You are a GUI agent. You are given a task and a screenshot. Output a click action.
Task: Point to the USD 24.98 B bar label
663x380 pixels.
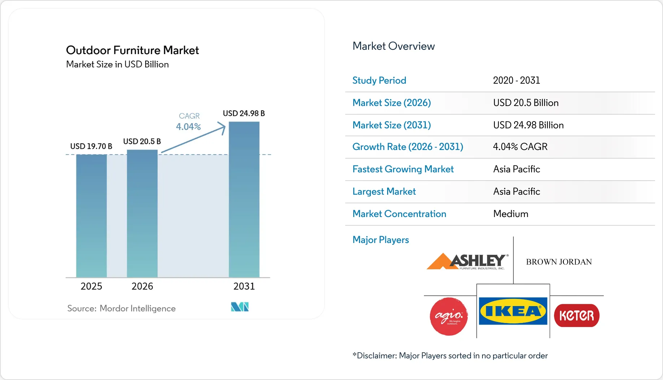(244, 113)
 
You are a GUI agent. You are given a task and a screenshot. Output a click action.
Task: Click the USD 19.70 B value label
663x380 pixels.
(91, 146)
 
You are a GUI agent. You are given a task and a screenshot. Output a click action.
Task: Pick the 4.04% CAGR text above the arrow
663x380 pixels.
(188, 127)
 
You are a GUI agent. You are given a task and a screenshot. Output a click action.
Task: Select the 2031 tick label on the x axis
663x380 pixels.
(244, 286)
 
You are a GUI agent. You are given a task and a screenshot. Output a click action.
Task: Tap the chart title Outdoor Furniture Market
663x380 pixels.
(132, 50)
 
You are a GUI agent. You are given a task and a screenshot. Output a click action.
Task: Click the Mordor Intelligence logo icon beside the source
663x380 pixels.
(240, 307)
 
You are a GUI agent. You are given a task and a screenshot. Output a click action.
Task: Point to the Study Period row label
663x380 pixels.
(379, 80)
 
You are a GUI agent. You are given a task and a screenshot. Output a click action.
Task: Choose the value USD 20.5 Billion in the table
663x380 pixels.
(526, 103)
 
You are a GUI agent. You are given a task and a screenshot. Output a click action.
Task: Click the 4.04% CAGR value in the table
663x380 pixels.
(520, 147)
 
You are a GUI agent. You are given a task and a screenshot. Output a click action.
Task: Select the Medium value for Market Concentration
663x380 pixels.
(511, 214)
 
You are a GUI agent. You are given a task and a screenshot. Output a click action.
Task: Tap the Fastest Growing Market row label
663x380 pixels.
(403, 169)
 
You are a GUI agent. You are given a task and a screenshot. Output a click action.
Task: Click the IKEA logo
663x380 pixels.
(513, 311)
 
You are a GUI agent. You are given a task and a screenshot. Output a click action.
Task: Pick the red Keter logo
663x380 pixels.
(577, 315)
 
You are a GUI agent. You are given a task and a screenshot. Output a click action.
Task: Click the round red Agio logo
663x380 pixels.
(449, 316)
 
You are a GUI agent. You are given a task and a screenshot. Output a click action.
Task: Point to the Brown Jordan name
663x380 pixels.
(559, 262)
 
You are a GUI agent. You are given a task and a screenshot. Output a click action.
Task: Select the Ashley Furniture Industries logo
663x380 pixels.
(468, 261)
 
